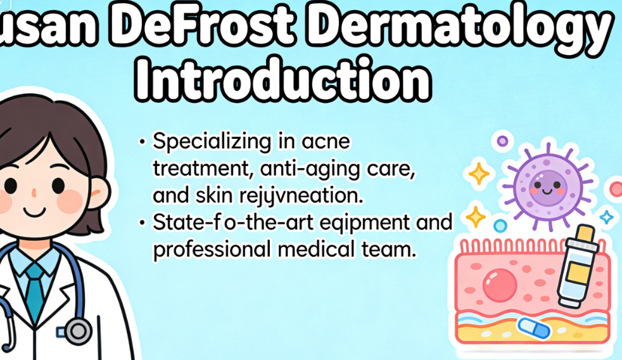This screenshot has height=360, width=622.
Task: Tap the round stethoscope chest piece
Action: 78,331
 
